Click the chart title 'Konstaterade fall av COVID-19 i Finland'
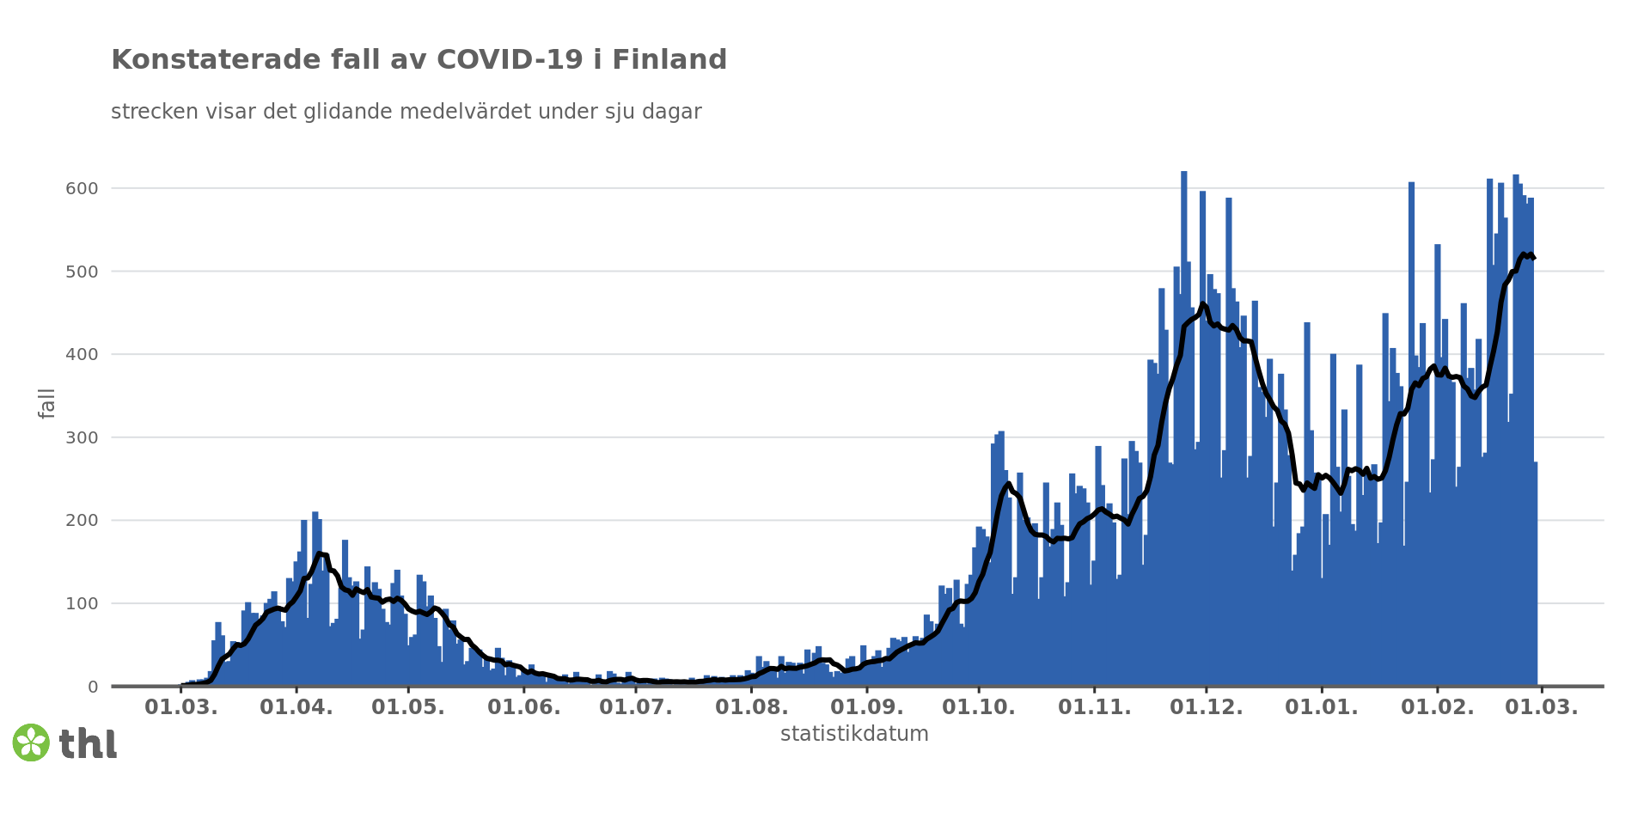coord(419,60)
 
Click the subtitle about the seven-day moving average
coord(406,112)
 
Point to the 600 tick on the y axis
coord(82,188)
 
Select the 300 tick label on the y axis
coord(82,437)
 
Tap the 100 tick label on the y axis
coord(82,603)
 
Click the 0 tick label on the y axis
coord(93,687)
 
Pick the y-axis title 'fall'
coord(46,403)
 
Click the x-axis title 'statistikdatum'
coord(854,734)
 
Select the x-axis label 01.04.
coord(296,708)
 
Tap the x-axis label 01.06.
coord(524,708)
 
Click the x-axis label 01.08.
coord(752,708)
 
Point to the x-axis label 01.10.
coord(979,708)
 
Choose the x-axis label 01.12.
coord(1207,708)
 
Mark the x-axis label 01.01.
coord(1322,708)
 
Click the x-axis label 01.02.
coord(1438,708)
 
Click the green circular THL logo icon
coord(31,742)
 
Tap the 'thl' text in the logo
coord(88,744)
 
